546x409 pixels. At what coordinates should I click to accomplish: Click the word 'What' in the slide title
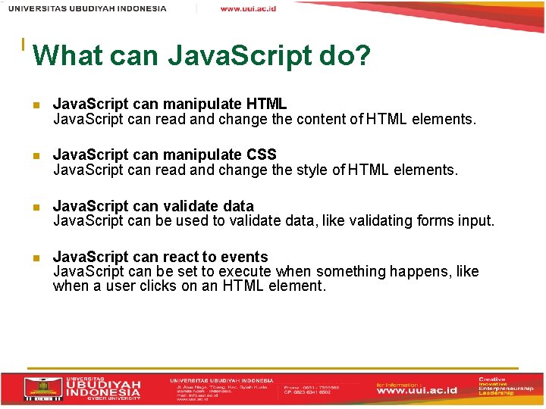click(67, 55)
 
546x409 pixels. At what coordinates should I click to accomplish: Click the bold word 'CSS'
click(262, 155)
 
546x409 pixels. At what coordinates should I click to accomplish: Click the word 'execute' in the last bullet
click(243, 271)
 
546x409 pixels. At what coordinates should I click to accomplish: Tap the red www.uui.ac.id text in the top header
click(248, 8)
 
